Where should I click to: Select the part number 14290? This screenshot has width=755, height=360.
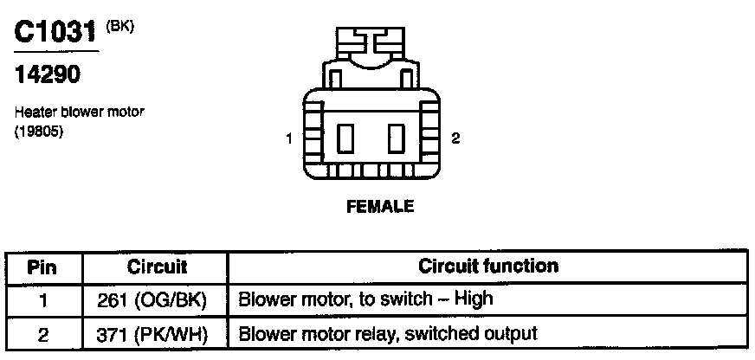(x=48, y=76)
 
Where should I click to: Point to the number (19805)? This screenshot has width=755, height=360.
(x=39, y=132)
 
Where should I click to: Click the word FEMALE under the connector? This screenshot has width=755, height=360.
(x=379, y=206)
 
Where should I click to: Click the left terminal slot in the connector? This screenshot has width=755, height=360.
(x=348, y=138)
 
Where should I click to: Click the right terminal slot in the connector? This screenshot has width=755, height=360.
(x=397, y=138)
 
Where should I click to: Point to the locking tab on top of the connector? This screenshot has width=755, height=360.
(x=372, y=43)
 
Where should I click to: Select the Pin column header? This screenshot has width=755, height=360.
(x=42, y=267)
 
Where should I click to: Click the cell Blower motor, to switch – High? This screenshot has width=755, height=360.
(x=365, y=299)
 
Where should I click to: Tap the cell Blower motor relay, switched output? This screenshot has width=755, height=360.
(x=388, y=333)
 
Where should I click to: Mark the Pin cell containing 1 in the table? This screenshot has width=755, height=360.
(x=42, y=299)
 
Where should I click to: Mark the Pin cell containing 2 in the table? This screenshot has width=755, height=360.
(x=42, y=333)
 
